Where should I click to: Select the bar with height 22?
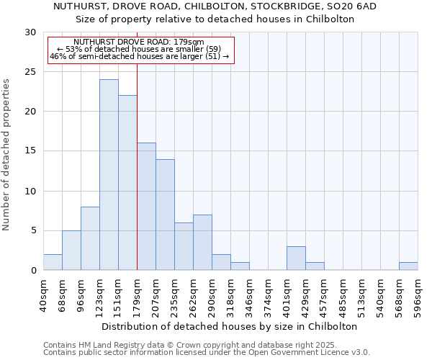[127, 183]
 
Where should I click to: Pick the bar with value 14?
[165, 215]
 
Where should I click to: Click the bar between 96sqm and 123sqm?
[90, 238]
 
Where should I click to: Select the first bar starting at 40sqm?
[53, 262]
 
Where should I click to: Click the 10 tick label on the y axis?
[30, 192]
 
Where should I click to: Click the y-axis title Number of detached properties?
[6, 155]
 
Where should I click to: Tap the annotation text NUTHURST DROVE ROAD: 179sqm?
[139, 42]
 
